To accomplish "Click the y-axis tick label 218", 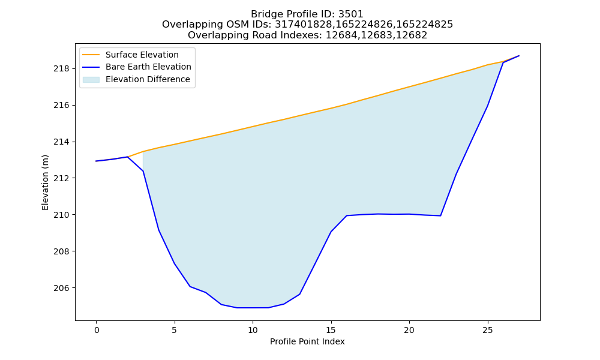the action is point(61,69).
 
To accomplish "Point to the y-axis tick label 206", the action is point(61,288).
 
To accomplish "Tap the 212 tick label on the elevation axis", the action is point(61,178).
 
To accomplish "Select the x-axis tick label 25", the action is point(487,330).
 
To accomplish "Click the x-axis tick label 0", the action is point(96,330).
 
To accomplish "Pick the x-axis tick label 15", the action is point(331,330).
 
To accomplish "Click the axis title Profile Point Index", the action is point(307,341).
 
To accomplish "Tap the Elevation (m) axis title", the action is point(45,182).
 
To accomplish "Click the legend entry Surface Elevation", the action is point(142,55).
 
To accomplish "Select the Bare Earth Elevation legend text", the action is point(148,67).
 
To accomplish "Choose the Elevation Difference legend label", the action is point(148,79).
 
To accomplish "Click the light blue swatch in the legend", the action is point(91,80).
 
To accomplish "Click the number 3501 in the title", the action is point(351,14).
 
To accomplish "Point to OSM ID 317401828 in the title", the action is point(305,25).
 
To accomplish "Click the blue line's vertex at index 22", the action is point(440,216).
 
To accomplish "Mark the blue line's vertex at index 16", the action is point(347,215).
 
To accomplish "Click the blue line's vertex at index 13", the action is point(299,294).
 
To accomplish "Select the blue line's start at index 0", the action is point(96,161).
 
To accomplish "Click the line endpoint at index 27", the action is point(519,56).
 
